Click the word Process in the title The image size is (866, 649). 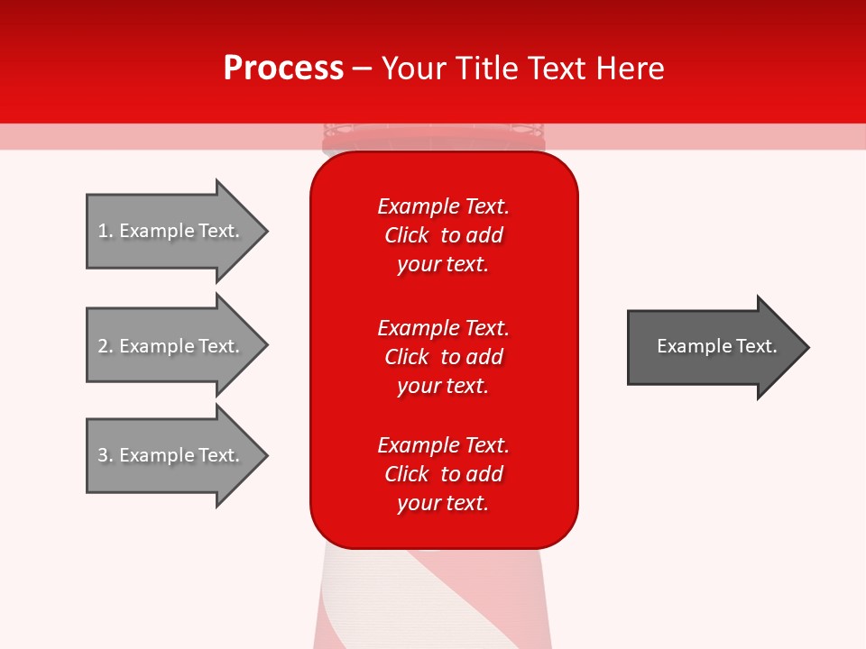(283, 68)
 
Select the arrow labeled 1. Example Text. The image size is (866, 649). (171, 231)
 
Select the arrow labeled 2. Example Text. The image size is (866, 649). (171, 346)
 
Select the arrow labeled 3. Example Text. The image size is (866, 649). (171, 455)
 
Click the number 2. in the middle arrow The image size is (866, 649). (106, 346)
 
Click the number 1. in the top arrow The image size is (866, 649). (106, 231)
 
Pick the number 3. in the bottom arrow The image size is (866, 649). (106, 455)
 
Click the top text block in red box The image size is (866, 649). (443, 235)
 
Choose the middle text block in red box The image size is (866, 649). (443, 357)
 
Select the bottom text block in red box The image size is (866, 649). (443, 474)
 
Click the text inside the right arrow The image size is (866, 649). (716, 346)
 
